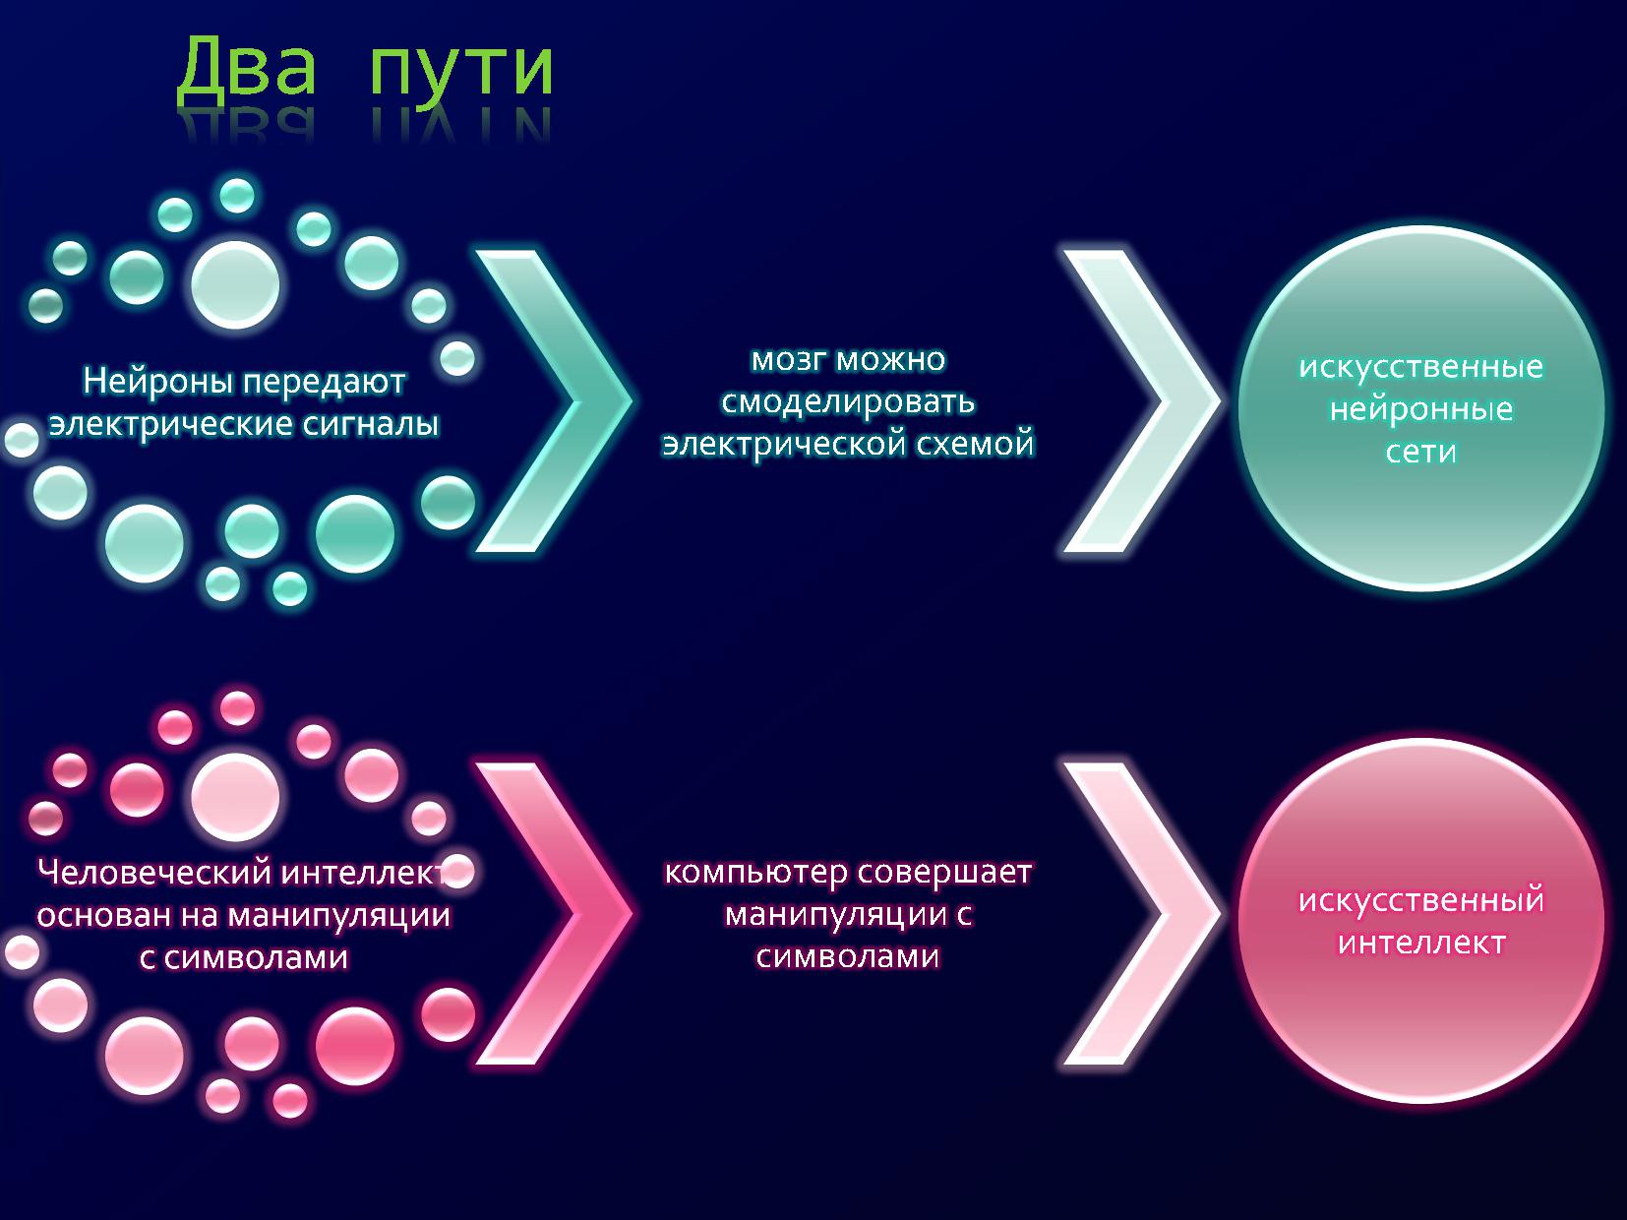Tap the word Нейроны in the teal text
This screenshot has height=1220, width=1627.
(159, 381)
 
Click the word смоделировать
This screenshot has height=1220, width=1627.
(848, 401)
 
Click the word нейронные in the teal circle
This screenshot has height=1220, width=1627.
(1421, 409)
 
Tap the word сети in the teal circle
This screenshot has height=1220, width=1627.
(1421, 452)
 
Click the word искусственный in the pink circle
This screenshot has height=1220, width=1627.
(1421, 900)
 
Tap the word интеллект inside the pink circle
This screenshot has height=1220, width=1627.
(1421, 943)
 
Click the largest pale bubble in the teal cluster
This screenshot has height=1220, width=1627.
(235, 284)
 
